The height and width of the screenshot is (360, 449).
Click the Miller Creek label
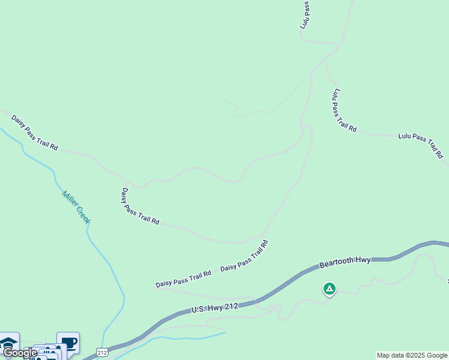(76, 207)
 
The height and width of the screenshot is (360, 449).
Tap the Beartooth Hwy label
(345, 262)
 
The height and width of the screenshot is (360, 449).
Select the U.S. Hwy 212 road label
(215, 308)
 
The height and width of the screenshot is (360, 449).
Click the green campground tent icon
(329, 289)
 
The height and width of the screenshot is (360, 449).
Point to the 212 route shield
(101, 352)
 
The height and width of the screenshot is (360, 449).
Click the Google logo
(20, 353)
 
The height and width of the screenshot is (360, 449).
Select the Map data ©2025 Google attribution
(412, 355)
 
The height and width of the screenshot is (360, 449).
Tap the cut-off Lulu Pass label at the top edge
(306, 15)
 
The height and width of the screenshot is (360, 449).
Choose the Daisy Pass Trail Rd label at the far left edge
(34, 132)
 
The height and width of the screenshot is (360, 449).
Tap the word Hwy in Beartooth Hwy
(363, 260)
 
